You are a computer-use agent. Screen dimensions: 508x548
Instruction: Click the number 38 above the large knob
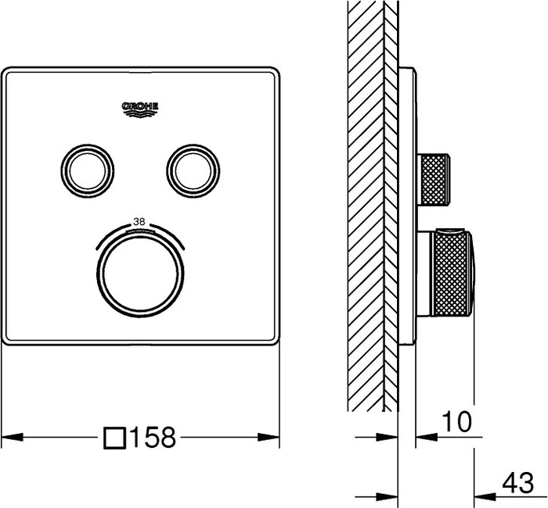(x=140, y=221)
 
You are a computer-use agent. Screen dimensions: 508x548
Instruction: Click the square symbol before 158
(x=115, y=437)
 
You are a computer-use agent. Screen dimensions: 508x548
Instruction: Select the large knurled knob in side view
(x=451, y=273)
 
